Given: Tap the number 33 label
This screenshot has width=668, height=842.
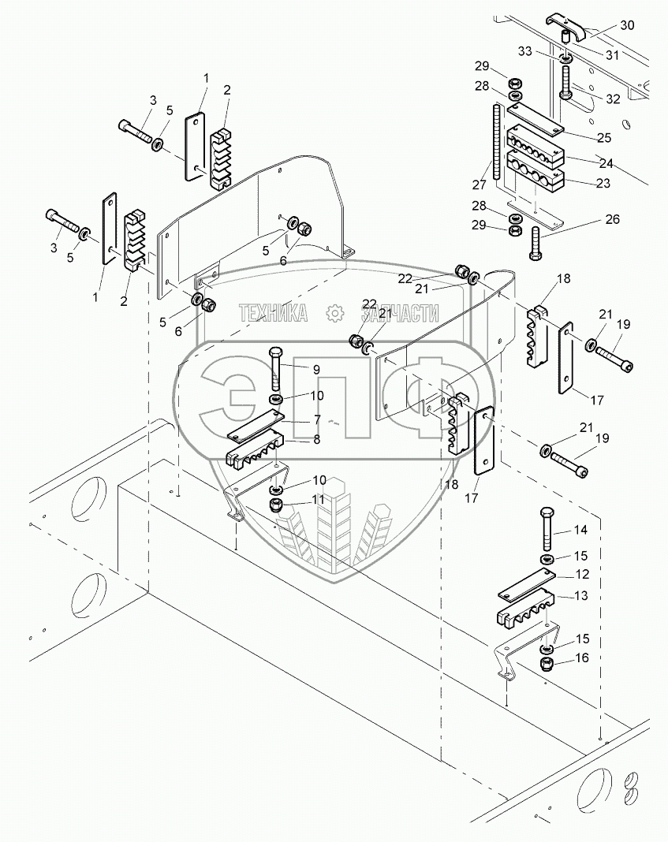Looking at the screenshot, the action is (x=524, y=51).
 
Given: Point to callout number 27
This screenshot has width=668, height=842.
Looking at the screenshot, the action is (x=479, y=184).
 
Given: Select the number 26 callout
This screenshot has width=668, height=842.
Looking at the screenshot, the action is (x=612, y=219).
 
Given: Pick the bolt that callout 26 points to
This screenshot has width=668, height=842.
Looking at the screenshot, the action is (x=536, y=244).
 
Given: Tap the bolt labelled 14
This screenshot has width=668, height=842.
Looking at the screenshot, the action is (x=547, y=528).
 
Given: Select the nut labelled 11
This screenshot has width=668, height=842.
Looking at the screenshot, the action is (x=277, y=505).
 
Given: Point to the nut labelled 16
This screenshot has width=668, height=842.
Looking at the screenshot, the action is (x=547, y=664).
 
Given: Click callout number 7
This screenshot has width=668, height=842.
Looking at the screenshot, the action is (x=317, y=419).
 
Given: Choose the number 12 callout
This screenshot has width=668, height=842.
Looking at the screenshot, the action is (x=583, y=574).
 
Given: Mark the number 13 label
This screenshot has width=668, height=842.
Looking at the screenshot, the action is (x=581, y=595).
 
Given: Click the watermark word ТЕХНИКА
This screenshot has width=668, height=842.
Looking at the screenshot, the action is (x=274, y=312).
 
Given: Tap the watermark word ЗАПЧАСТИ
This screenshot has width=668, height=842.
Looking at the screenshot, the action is (x=400, y=312).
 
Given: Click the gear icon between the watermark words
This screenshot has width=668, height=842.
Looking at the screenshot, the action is (x=335, y=312).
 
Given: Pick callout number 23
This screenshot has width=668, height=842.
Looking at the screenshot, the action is (x=603, y=183).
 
